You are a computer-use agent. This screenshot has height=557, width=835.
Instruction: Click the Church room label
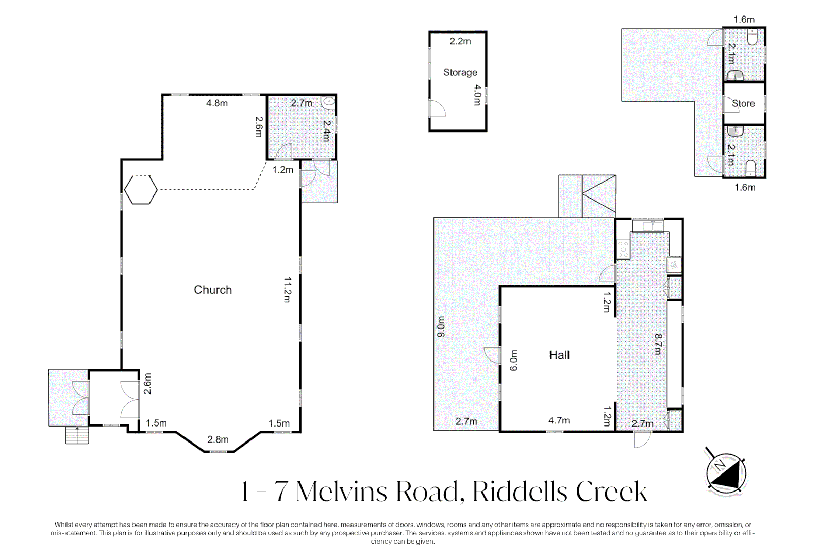point(213,290)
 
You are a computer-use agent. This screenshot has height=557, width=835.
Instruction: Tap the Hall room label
point(559,355)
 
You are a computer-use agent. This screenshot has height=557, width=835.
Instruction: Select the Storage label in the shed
point(460,72)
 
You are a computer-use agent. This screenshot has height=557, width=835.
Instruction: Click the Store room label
point(743,103)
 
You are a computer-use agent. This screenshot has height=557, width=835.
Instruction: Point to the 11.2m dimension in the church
point(287,289)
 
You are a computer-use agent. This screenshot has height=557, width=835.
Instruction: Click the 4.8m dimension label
point(217,103)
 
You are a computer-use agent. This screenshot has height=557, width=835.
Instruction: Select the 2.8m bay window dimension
point(218,439)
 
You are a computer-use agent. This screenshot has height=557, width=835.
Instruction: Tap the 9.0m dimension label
point(441,327)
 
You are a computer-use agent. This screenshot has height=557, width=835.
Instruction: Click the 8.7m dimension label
point(658,344)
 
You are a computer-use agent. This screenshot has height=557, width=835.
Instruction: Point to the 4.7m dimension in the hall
point(559,420)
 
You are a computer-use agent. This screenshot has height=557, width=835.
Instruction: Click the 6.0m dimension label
point(514,360)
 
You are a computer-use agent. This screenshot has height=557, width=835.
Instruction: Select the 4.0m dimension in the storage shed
point(477,95)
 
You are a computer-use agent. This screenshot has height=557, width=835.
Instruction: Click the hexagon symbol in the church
point(141,189)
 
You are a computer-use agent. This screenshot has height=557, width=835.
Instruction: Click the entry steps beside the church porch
point(77,435)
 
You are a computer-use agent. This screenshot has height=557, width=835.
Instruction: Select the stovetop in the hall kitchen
point(623,250)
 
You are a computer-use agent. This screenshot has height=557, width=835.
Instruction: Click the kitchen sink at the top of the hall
point(648,226)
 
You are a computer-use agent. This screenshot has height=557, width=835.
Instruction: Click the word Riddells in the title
point(520,492)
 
